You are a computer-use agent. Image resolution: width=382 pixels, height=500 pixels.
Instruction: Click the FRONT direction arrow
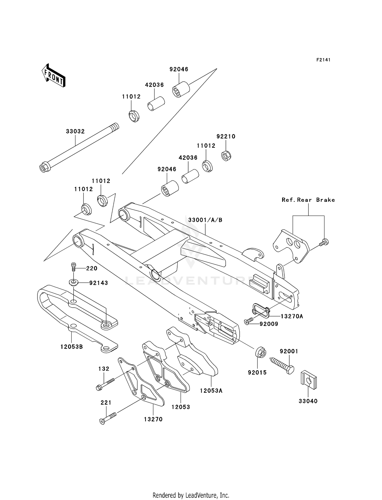[54, 76]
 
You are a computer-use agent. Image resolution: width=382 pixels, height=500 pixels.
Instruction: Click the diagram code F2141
[323, 60]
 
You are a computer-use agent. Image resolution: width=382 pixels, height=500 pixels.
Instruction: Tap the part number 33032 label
[75, 131]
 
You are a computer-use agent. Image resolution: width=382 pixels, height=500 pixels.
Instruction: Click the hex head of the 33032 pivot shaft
[43, 168]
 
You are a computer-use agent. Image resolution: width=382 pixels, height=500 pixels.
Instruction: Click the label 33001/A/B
[205, 220]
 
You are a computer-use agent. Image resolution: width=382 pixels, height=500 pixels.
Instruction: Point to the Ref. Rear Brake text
[308, 200]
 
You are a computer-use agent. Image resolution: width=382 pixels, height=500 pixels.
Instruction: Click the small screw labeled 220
[74, 267]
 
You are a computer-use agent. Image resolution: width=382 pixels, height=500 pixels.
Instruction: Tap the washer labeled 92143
[74, 282]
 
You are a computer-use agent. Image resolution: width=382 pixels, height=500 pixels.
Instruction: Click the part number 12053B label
[72, 347]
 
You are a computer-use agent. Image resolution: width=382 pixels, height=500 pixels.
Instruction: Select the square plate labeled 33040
[309, 380]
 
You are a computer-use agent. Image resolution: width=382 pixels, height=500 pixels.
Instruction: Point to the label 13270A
[292, 316]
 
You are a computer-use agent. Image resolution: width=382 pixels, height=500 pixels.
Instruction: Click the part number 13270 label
[153, 419]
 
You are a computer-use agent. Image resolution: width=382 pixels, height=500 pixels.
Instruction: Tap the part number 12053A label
[211, 391]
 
